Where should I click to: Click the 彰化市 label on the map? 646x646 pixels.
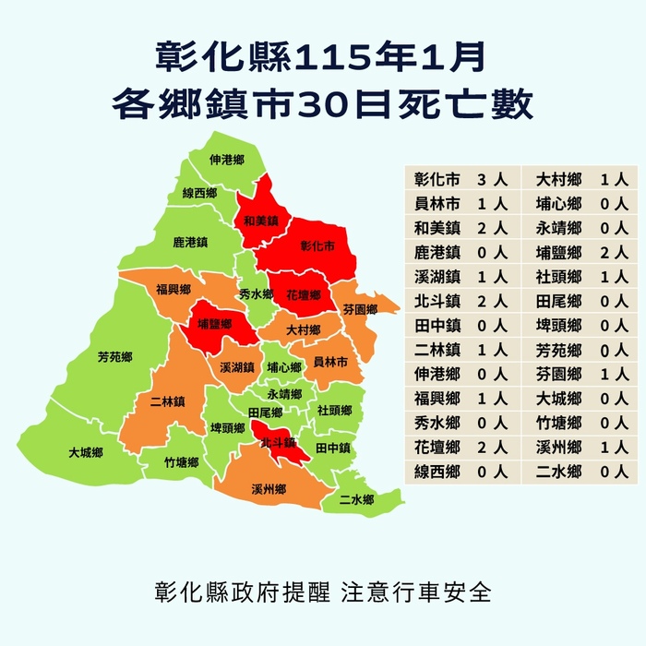[x=317, y=247]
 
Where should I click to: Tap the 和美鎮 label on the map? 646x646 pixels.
[x=260, y=221]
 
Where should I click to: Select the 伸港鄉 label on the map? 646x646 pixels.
[x=226, y=161]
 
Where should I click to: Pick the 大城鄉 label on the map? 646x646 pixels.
[x=85, y=453]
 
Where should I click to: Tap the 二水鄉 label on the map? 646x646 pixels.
[x=356, y=499]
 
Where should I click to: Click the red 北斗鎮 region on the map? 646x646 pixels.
[x=276, y=442]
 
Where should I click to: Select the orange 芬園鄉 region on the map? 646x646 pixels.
[x=360, y=309]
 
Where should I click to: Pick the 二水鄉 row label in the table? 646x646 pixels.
[x=559, y=472]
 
